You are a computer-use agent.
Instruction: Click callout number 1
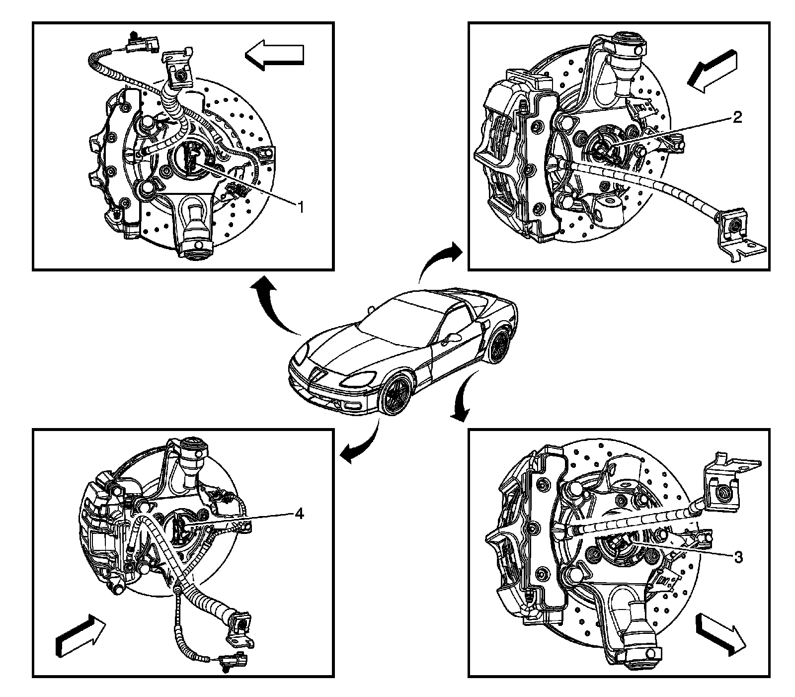(300, 207)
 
